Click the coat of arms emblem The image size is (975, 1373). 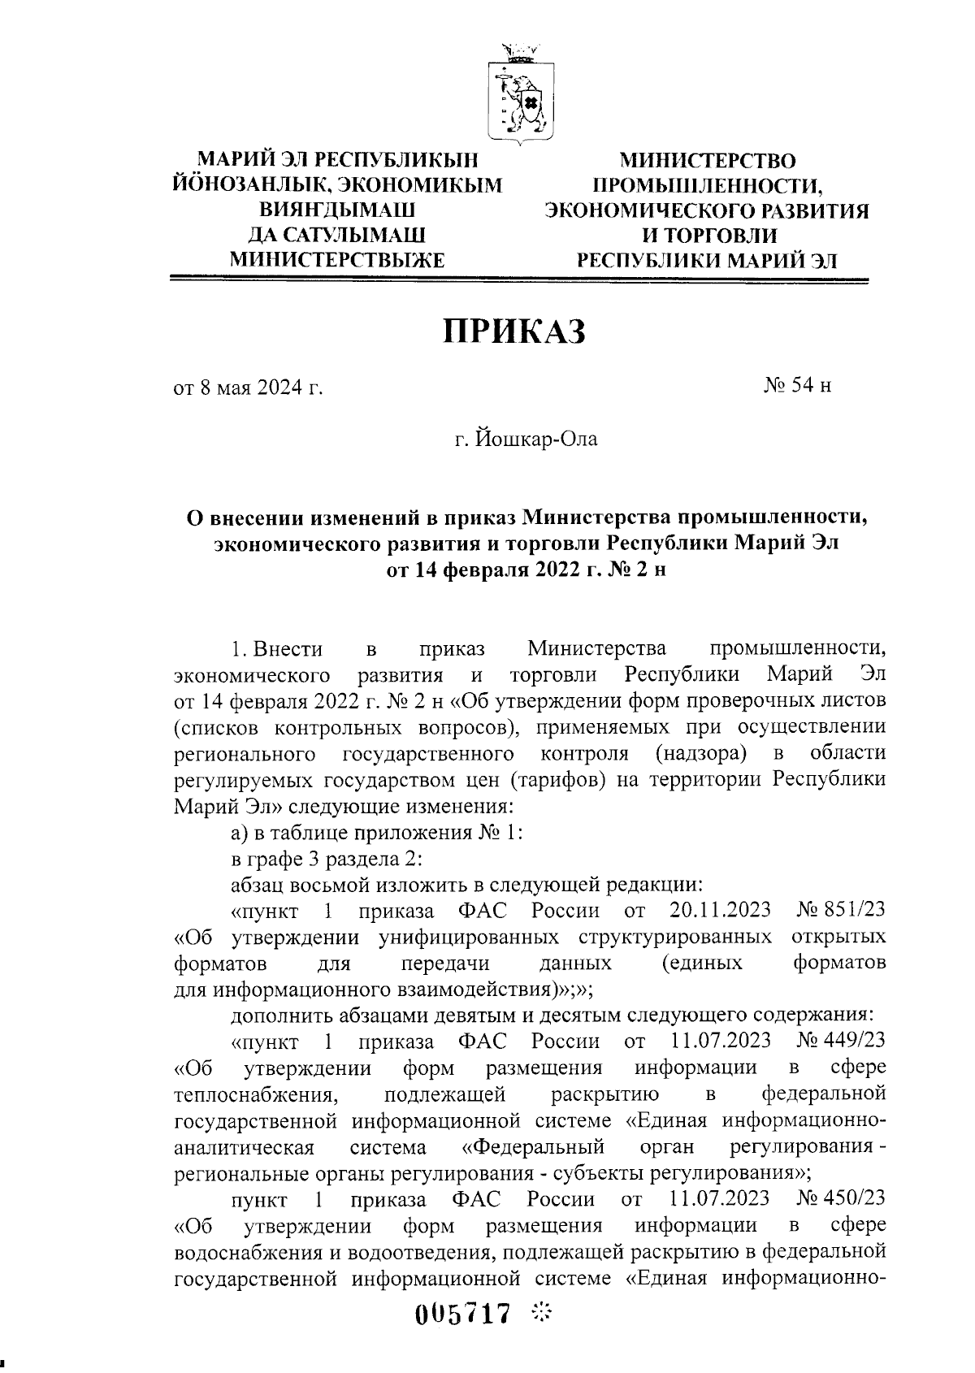click(x=518, y=94)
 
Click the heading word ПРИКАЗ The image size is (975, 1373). click(x=513, y=331)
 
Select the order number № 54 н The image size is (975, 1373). click(x=797, y=385)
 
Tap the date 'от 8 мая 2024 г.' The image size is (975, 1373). click(x=248, y=387)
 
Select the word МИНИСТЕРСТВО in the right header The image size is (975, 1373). click(x=706, y=160)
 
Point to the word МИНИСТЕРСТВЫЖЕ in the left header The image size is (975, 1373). click(x=337, y=260)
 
